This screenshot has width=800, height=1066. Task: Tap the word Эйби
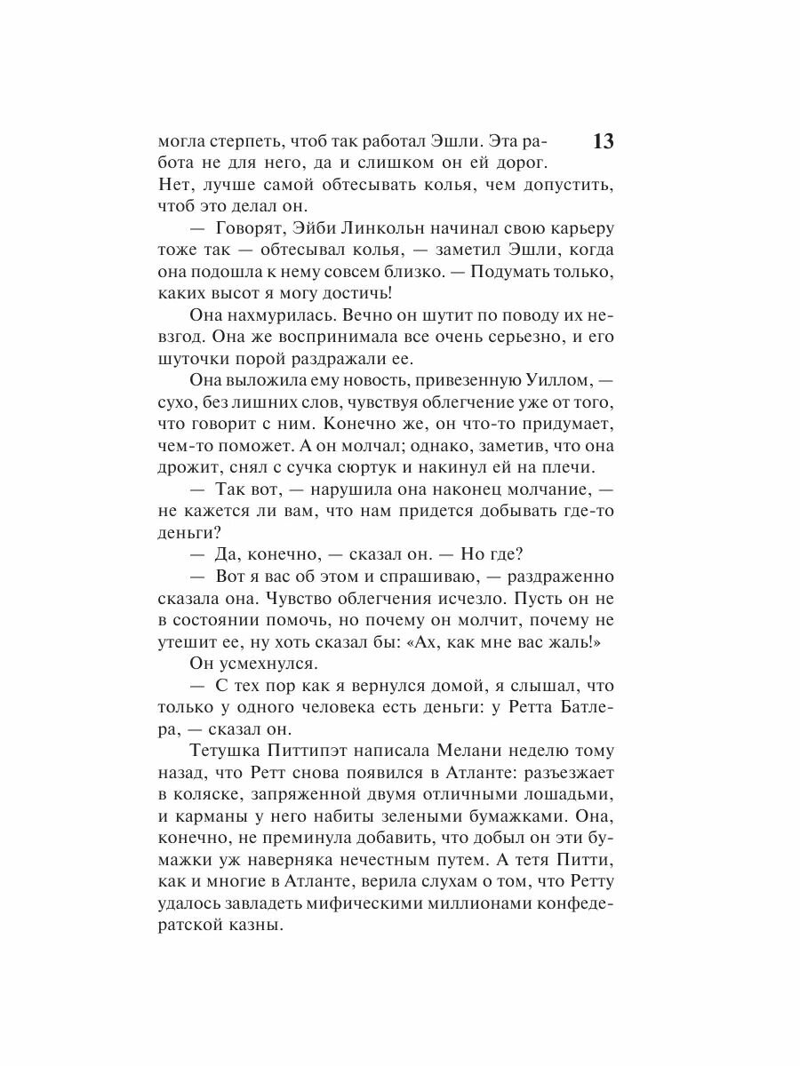(x=306, y=229)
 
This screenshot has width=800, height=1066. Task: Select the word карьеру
(x=579, y=229)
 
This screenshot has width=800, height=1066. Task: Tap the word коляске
(x=214, y=795)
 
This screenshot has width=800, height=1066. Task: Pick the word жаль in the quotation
(x=571, y=642)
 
